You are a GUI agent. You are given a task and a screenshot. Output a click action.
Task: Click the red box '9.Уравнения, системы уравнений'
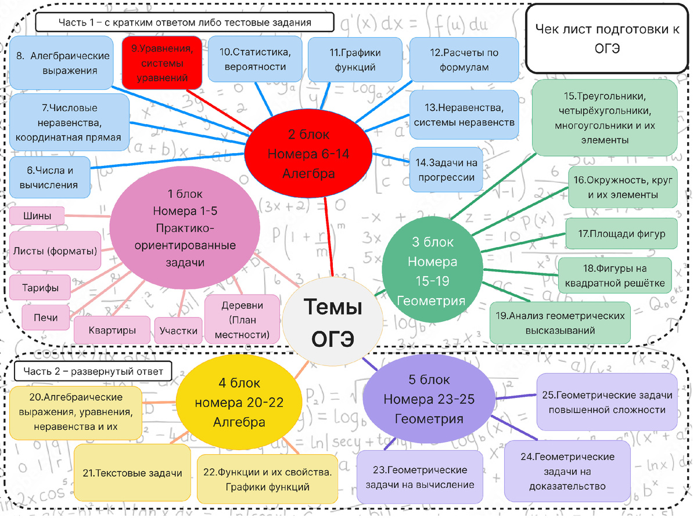pos(162,63)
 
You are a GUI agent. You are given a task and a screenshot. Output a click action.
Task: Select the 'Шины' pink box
pos(37,216)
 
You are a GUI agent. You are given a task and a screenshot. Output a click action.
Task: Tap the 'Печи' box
pos(46,317)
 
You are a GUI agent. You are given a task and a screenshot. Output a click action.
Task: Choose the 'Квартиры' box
pos(112,330)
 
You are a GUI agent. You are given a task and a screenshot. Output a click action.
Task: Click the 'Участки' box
pos(178,331)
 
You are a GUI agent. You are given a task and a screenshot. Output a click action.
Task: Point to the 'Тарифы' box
pos(40,288)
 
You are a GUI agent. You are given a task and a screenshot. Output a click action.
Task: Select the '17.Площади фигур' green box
pos(621,234)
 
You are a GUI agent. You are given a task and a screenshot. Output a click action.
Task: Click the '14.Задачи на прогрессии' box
pos(446,170)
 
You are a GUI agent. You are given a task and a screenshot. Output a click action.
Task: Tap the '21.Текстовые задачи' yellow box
pos(132,473)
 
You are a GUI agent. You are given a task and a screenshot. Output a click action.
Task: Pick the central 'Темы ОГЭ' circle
pos(333,322)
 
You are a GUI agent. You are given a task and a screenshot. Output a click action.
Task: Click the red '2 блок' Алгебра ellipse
pos(308,154)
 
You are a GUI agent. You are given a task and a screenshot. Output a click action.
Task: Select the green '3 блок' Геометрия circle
pos(432,270)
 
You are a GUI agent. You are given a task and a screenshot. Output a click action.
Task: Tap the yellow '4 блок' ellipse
pos(239,402)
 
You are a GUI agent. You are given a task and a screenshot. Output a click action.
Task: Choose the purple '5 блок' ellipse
pos(429,399)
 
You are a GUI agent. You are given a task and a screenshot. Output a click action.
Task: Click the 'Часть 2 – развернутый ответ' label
pos(94,371)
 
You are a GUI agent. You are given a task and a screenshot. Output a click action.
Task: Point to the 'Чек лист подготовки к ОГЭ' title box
pos(607,39)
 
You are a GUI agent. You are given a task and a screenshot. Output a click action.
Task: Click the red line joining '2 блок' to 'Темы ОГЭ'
pos(329,237)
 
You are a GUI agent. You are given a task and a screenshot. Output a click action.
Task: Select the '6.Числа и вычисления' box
pos(49,178)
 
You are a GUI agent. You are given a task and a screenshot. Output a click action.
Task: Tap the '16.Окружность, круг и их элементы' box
pos(623,187)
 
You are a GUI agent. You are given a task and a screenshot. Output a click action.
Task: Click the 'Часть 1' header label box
pos(185,22)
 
